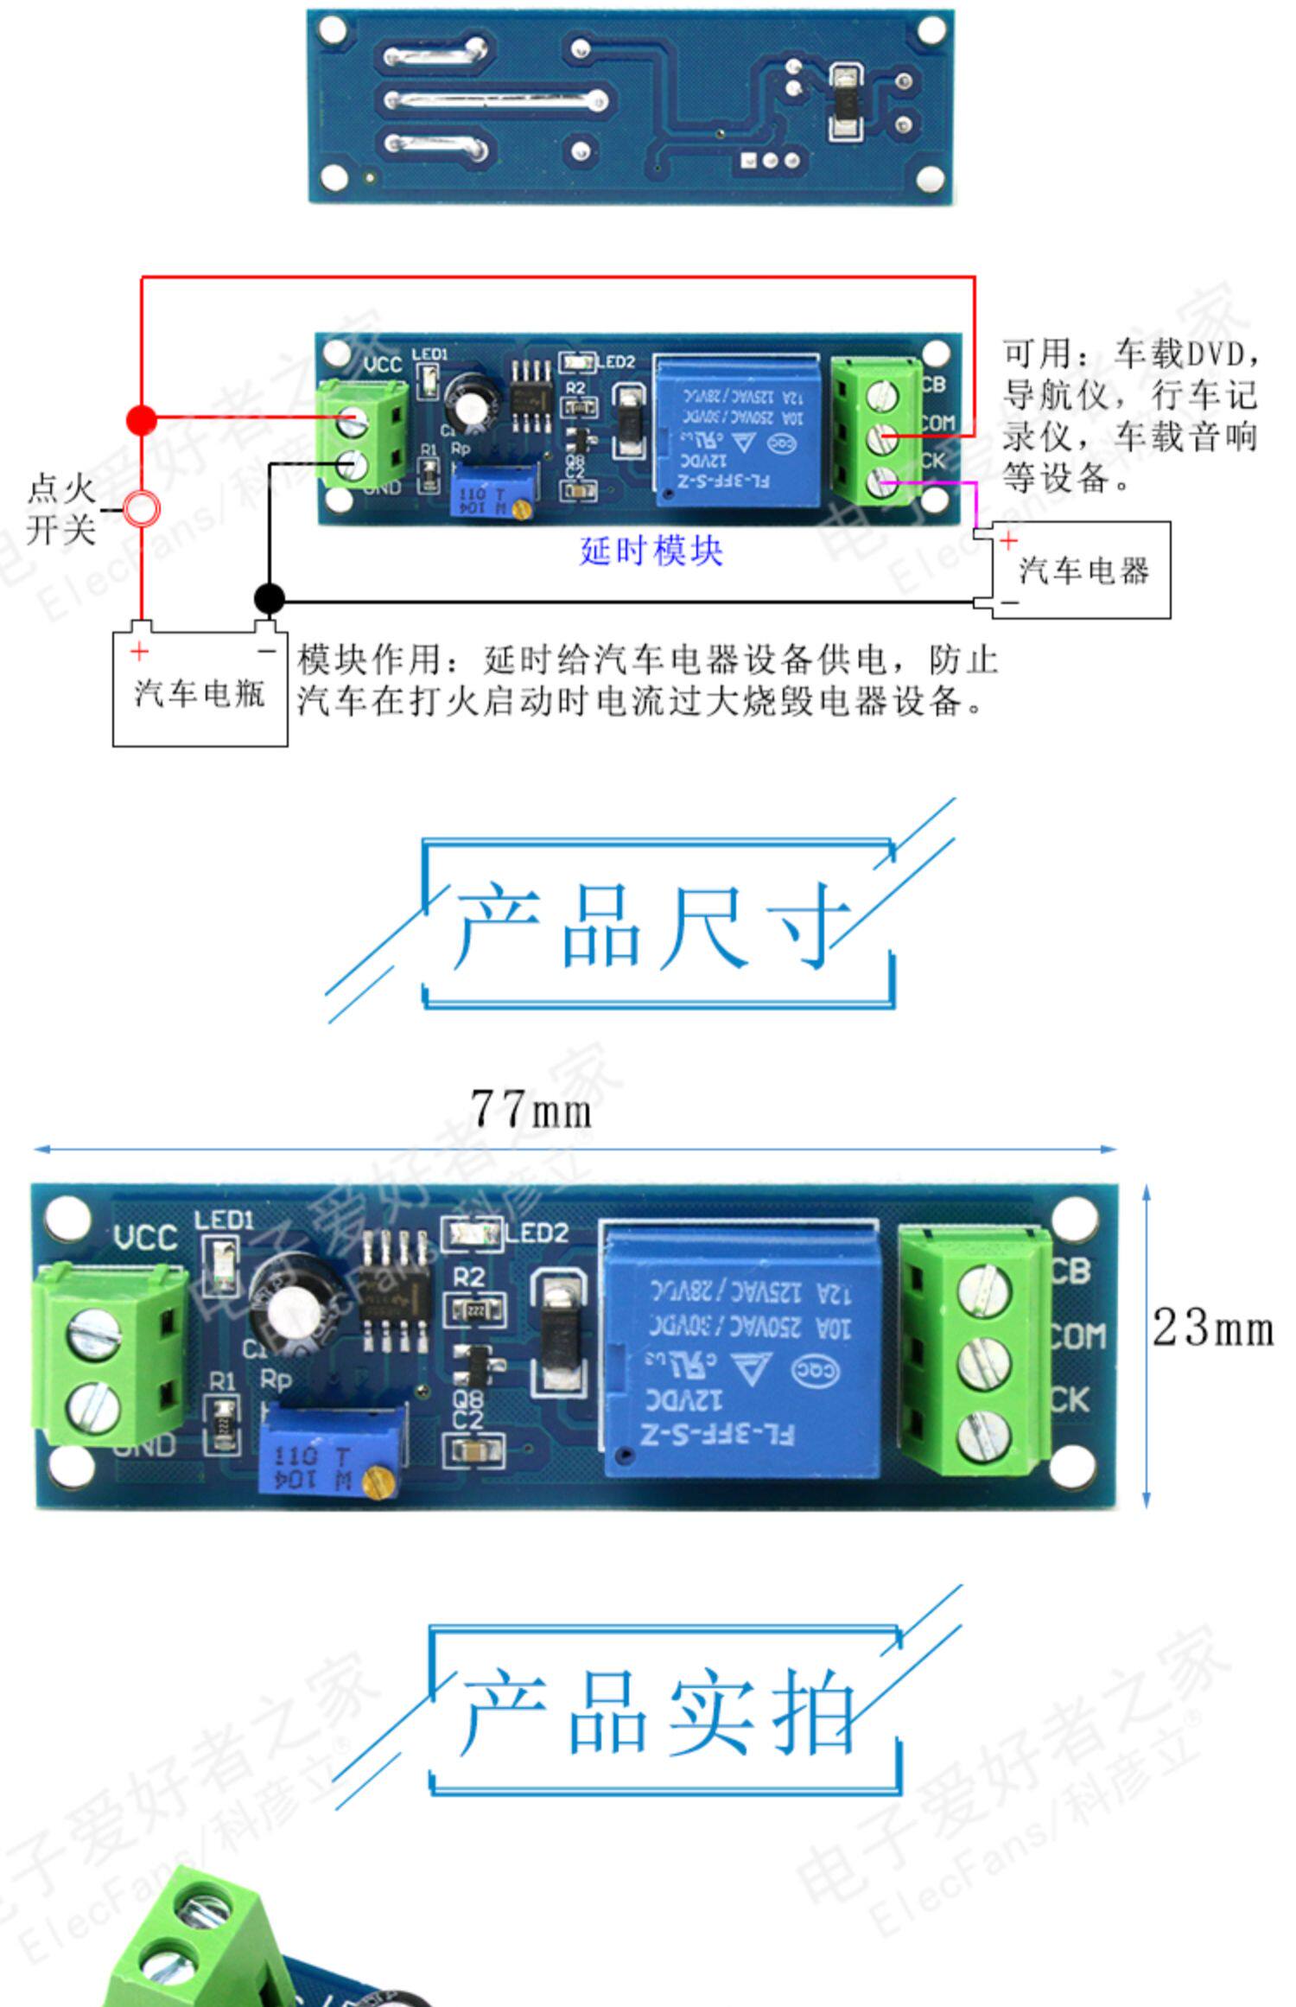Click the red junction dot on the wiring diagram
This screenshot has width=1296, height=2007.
click(x=142, y=420)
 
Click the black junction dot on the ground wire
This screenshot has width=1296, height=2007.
click(x=269, y=598)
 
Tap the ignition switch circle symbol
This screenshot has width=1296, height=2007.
click(x=142, y=509)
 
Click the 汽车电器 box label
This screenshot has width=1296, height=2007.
click(x=1083, y=571)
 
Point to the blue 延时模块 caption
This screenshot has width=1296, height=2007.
click(x=651, y=551)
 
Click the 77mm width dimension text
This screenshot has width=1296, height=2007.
click(x=531, y=1109)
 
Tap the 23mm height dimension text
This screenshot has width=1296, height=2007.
click(x=1213, y=1328)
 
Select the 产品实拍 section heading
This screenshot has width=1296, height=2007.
click(x=658, y=1712)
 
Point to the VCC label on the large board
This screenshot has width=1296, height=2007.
click(x=145, y=1238)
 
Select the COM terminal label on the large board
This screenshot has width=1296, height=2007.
click(x=1077, y=1336)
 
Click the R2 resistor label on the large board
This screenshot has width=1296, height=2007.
click(x=469, y=1276)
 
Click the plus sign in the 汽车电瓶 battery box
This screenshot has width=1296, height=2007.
click(x=139, y=651)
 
